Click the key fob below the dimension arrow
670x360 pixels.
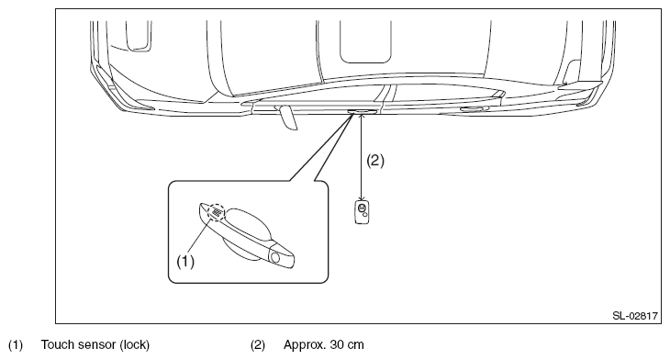click(362, 212)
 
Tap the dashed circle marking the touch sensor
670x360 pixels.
click(217, 212)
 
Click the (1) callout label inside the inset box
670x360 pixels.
click(185, 261)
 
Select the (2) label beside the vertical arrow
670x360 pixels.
click(375, 161)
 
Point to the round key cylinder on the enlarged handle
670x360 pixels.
click(274, 257)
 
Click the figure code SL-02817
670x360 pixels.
click(635, 316)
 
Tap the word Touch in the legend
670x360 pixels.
click(58, 344)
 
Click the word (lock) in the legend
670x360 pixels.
click(135, 344)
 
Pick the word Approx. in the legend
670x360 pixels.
click(305, 345)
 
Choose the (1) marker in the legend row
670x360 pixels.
click(16, 344)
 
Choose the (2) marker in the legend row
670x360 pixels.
click(258, 344)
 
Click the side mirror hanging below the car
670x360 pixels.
click(286, 118)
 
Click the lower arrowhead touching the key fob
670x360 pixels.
click(362, 198)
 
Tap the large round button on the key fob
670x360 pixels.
click(362, 208)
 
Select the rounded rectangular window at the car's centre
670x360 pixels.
click(365, 42)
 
